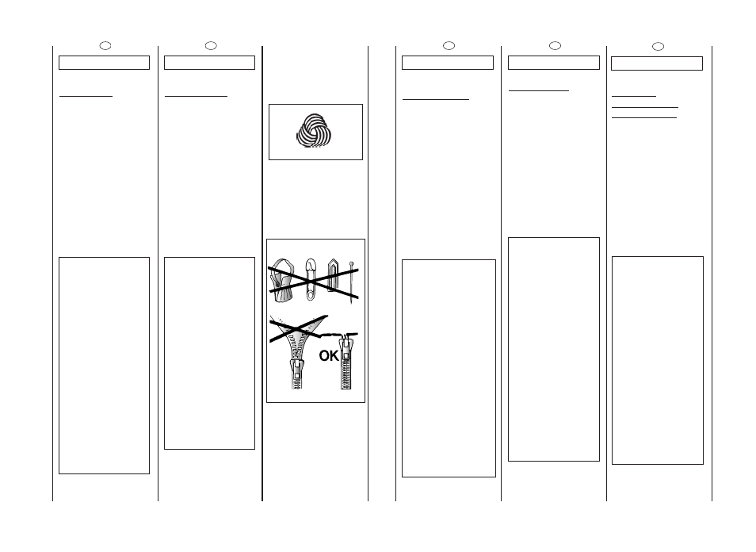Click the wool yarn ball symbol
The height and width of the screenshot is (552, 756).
(314, 130)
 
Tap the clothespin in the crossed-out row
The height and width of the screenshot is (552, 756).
(281, 280)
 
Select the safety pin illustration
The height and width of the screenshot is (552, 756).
(311, 279)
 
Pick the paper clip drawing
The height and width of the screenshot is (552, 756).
(333, 275)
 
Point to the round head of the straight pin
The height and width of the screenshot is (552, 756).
(352, 264)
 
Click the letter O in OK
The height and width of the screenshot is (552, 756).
(324, 356)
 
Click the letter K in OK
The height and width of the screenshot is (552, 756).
(334, 356)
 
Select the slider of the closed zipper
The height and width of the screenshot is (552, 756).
(346, 351)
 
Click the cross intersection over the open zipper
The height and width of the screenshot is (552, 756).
(295, 330)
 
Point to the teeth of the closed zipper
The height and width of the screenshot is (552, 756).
(346, 375)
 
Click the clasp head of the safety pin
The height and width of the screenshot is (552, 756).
(311, 264)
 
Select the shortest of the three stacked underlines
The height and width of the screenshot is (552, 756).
(633, 97)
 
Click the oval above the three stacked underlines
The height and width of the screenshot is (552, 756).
(658, 46)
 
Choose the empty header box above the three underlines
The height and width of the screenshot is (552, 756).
(657, 63)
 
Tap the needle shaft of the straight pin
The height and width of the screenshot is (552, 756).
(352, 285)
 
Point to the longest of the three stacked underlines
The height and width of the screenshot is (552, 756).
(644, 107)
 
